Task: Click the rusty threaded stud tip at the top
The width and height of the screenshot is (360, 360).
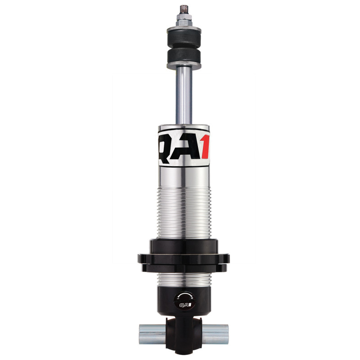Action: coord(184,9)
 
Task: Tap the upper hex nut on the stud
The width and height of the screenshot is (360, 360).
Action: coord(184,17)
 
